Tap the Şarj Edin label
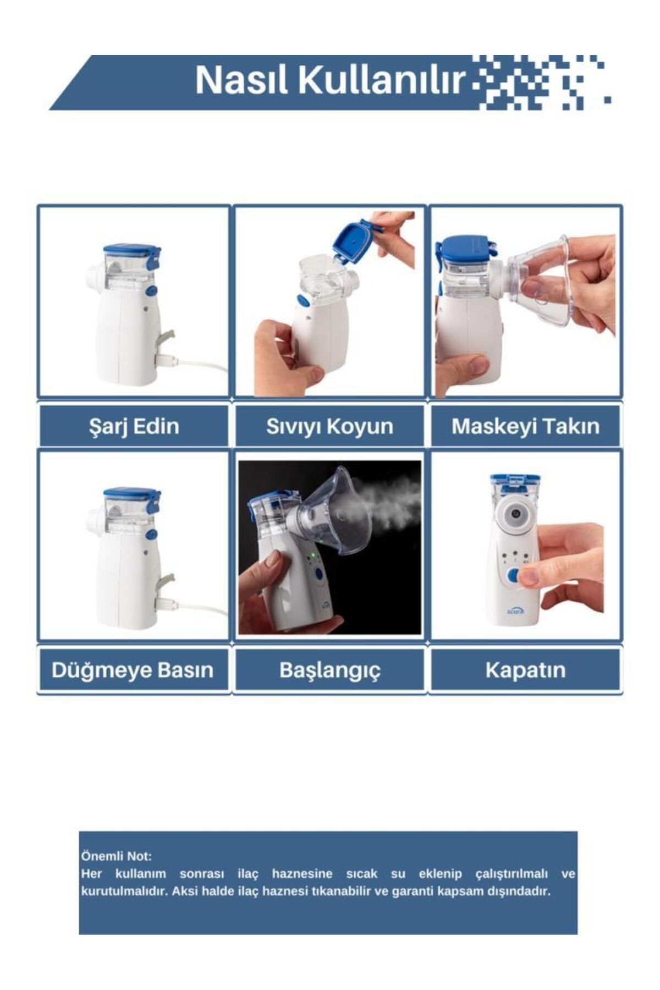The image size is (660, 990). pos(134,426)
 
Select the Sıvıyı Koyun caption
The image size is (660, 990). pos(329,426)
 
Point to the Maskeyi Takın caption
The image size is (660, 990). pos(525,426)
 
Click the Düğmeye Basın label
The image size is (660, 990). pos(133,670)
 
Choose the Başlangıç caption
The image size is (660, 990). pos(329,670)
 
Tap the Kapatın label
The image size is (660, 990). pos(525,670)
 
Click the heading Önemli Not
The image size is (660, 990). pos(116,856)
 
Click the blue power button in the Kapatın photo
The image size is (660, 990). pos(514,575)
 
